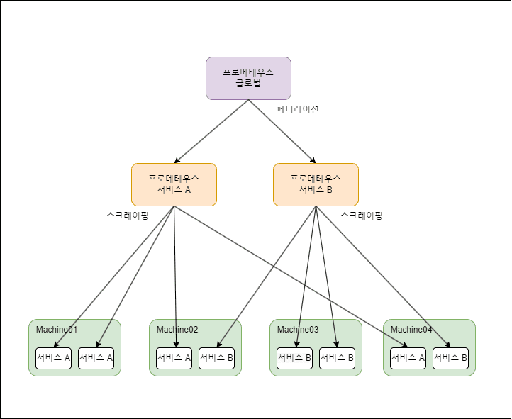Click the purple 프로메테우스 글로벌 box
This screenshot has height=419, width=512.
pyautogui.click(x=248, y=78)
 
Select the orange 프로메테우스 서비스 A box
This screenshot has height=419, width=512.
pyautogui.click(x=174, y=184)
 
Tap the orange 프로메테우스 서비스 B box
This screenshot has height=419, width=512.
pyautogui.click(x=316, y=184)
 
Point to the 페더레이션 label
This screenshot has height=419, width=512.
pyautogui.click(x=298, y=109)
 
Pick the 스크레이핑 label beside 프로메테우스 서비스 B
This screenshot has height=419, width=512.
pyautogui.click(x=361, y=216)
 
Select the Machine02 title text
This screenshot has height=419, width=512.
pyautogui.click(x=177, y=330)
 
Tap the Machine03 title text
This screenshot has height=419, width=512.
pyautogui.click(x=298, y=330)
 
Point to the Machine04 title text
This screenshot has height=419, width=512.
pyautogui.click(x=411, y=330)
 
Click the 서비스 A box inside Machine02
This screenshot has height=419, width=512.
pyautogui.click(x=174, y=358)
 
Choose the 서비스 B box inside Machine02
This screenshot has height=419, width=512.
pyautogui.click(x=216, y=358)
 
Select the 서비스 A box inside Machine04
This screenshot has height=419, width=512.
pyautogui.click(x=408, y=358)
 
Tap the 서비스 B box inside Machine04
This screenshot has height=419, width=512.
pyautogui.click(x=450, y=358)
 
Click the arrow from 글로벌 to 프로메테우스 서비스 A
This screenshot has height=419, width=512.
pyautogui.click(x=211, y=131)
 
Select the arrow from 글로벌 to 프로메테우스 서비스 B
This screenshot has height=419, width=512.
pyautogui.click(x=282, y=131)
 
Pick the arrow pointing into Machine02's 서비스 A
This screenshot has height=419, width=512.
pyautogui.click(x=175, y=284)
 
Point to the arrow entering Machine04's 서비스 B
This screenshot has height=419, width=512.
pyautogui.click(x=383, y=276)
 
